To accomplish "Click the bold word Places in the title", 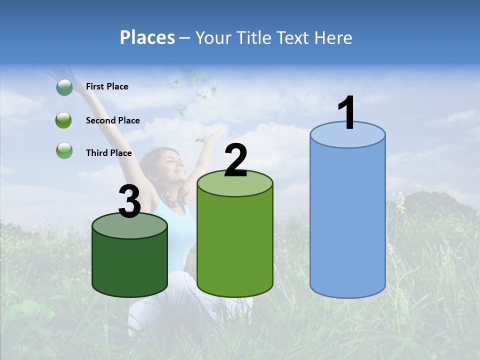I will coord(147,37).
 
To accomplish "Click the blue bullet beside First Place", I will coord(64,87).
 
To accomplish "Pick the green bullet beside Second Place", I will coord(64,120).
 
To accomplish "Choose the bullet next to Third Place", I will coord(64,150).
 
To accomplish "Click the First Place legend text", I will coord(107,86).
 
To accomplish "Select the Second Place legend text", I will coord(112,120).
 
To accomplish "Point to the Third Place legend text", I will coord(108,153).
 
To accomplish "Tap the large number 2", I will coord(235,160).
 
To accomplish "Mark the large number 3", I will coord(129,202).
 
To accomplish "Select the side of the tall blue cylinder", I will coord(347,220).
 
